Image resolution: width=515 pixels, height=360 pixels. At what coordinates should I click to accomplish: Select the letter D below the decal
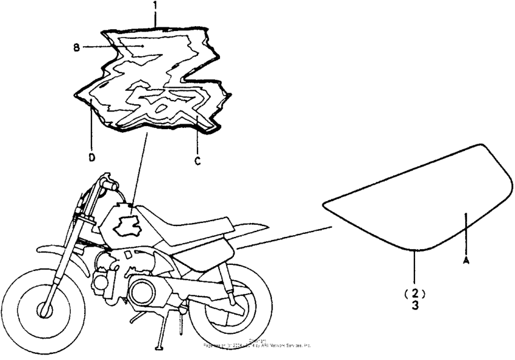click(x=91, y=157)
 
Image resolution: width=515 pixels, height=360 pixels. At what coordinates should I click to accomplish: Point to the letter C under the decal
click(x=198, y=161)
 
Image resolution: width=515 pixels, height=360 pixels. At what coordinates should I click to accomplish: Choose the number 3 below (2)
click(x=416, y=306)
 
